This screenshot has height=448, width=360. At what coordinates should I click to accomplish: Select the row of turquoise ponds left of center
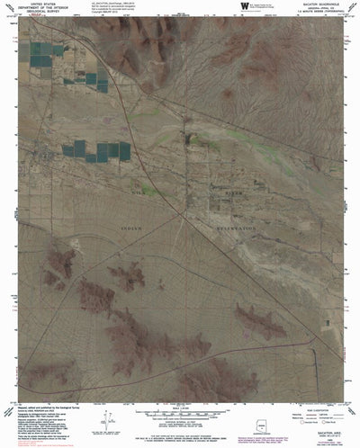pos(94,150)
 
